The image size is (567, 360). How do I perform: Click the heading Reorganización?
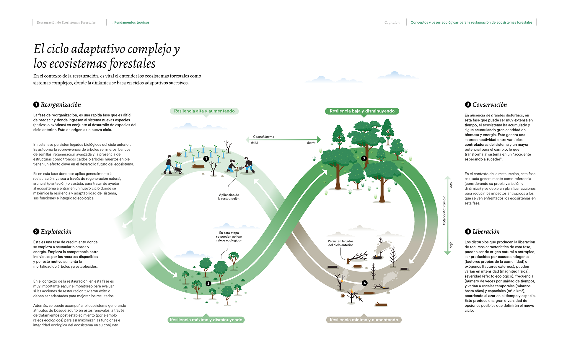(61, 105)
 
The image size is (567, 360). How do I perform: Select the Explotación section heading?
(56, 232)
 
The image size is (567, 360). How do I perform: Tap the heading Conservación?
(489, 105)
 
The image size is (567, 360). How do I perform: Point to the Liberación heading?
(486, 232)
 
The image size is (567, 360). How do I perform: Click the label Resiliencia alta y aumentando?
(204, 111)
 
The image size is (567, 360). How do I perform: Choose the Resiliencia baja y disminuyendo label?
(362, 111)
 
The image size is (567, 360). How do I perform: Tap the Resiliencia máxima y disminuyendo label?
(206, 320)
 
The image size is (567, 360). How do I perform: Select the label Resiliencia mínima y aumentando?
(364, 320)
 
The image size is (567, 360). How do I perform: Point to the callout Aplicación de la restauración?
(229, 197)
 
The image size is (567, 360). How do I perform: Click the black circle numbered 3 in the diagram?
(364, 158)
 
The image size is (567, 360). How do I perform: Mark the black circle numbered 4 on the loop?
(365, 283)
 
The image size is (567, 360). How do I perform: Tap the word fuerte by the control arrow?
(311, 143)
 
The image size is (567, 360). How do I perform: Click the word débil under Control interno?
(254, 143)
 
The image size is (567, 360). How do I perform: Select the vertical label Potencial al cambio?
(444, 210)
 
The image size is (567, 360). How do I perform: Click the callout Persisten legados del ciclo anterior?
(340, 243)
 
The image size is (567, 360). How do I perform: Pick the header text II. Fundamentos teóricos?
(130, 22)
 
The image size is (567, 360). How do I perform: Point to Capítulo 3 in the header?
(392, 22)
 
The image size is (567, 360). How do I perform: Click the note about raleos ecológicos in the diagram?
(229, 236)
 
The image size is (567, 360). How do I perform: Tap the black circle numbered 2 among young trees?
(208, 283)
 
